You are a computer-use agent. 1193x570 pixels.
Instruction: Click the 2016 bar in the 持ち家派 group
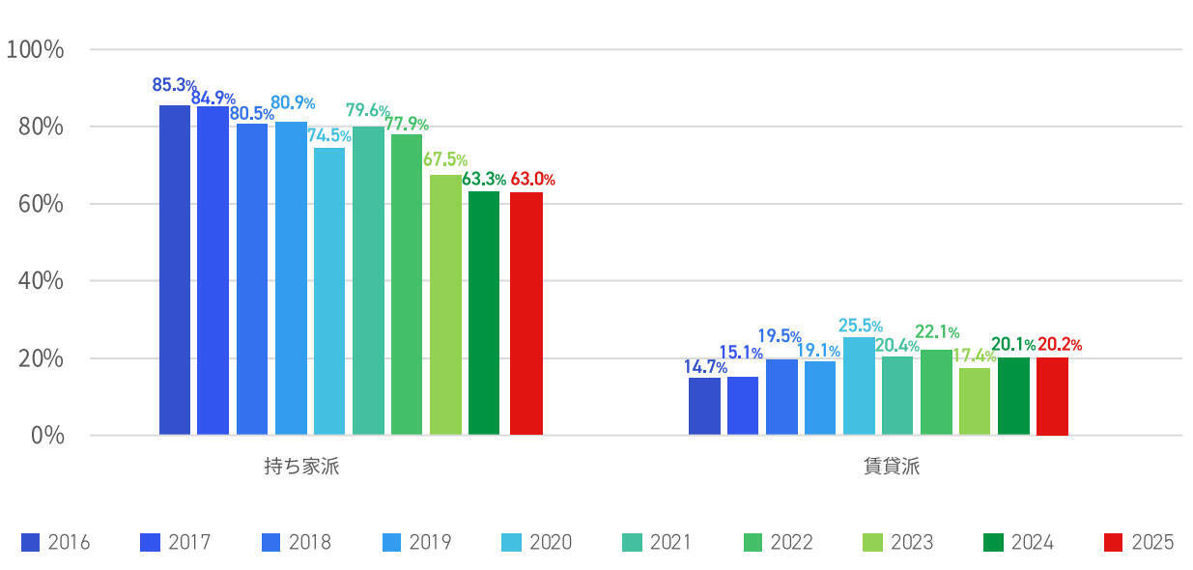pos(174,271)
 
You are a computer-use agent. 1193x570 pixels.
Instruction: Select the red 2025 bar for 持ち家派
pos(526,314)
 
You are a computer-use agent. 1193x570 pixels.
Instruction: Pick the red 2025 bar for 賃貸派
pos(1052,396)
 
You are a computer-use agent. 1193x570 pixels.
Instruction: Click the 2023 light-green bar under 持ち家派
pos(445,305)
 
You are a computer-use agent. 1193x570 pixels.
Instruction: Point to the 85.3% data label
pos(174,85)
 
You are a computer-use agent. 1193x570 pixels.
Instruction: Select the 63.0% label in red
pos(533,180)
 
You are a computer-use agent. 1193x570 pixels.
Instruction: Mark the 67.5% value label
pos(445,160)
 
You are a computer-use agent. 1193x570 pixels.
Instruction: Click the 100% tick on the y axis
pos(36,49)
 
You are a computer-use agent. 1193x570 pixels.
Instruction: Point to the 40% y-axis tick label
pos(42,281)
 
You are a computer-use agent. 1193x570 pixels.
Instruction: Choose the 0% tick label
pos(47,435)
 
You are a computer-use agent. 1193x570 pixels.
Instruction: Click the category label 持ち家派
pos(301,468)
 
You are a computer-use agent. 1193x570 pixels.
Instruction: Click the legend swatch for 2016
pos(31,543)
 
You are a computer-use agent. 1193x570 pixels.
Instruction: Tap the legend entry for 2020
pos(536,543)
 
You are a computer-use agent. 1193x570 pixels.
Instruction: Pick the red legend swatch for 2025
pos(1115,543)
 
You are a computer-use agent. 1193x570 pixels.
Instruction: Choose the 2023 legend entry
pos(897,543)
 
